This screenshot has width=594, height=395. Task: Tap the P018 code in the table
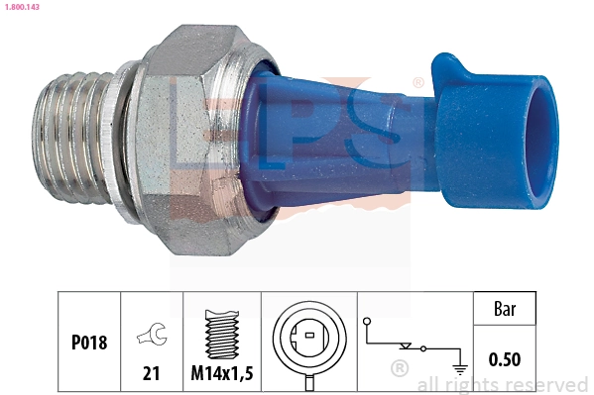(88, 343)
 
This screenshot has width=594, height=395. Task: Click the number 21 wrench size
(151, 373)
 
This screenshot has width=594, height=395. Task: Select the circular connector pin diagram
(310, 339)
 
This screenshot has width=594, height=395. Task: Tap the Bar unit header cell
(505, 309)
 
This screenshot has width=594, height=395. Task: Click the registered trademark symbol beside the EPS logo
(417, 82)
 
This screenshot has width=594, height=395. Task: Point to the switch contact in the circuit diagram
(407, 347)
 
